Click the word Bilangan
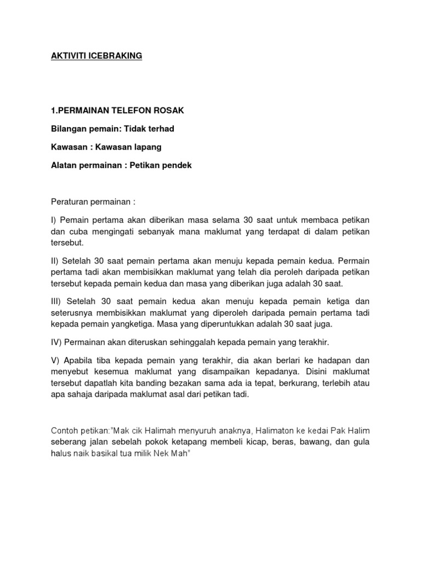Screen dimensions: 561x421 point(70,129)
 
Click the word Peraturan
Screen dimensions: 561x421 point(70,201)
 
